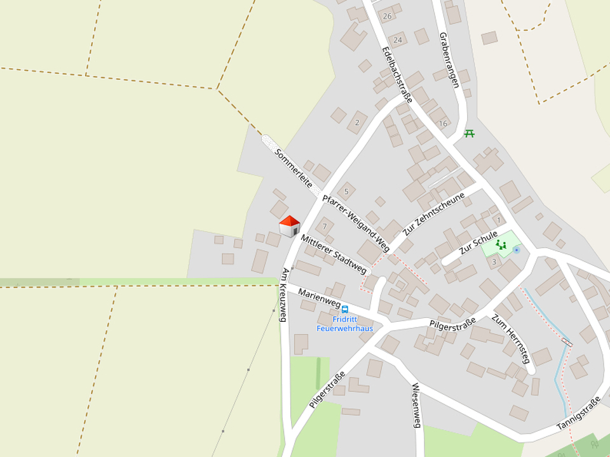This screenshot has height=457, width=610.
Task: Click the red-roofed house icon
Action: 289,226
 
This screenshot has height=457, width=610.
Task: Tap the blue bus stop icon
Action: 345,309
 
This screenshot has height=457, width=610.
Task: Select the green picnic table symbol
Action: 470,133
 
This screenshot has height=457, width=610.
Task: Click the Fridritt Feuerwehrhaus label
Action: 344,324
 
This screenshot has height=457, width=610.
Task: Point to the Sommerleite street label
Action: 294,169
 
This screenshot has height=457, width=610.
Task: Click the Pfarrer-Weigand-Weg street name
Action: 356,222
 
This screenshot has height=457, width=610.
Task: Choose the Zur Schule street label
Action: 478,244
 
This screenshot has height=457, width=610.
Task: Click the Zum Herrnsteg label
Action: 510,338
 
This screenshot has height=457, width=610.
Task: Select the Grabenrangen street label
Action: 449,60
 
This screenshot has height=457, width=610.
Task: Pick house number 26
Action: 387,15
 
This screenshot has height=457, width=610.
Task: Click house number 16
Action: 443,123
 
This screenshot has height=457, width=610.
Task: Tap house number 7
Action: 324,227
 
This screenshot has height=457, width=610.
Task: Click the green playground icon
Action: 501,244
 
